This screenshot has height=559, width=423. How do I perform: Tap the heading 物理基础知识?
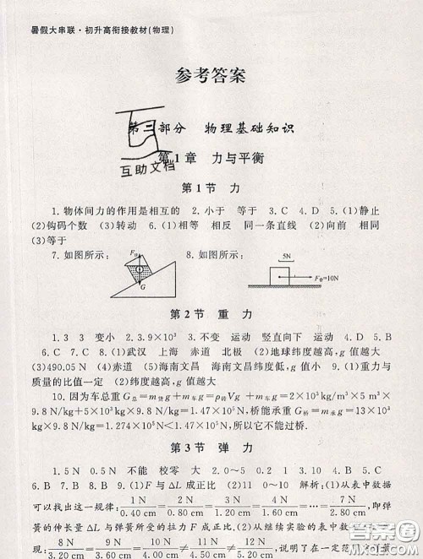252,128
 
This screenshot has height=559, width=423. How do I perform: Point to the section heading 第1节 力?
211,186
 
